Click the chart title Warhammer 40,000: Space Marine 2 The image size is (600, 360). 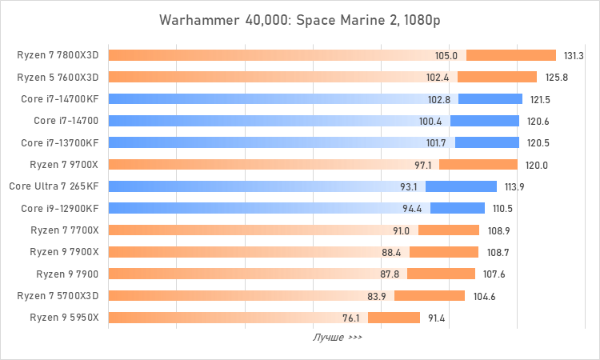pos(299,18)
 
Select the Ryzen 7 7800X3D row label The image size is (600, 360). pos(58,55)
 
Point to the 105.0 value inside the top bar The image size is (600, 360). pos(446,55)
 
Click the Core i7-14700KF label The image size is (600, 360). pos(61,99)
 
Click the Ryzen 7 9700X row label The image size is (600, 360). pos(64,165)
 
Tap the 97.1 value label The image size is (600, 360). pos(423,165)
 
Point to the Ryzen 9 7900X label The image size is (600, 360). pos(64,252)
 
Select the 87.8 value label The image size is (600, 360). pos(390,274)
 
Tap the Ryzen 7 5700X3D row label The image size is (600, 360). pos(58,296)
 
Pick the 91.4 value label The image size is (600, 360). pos(437,318)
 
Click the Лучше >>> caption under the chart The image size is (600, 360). pos(337,337)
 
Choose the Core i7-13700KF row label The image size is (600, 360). pos(61,142)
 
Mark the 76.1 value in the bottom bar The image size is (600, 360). pos(351,318)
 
